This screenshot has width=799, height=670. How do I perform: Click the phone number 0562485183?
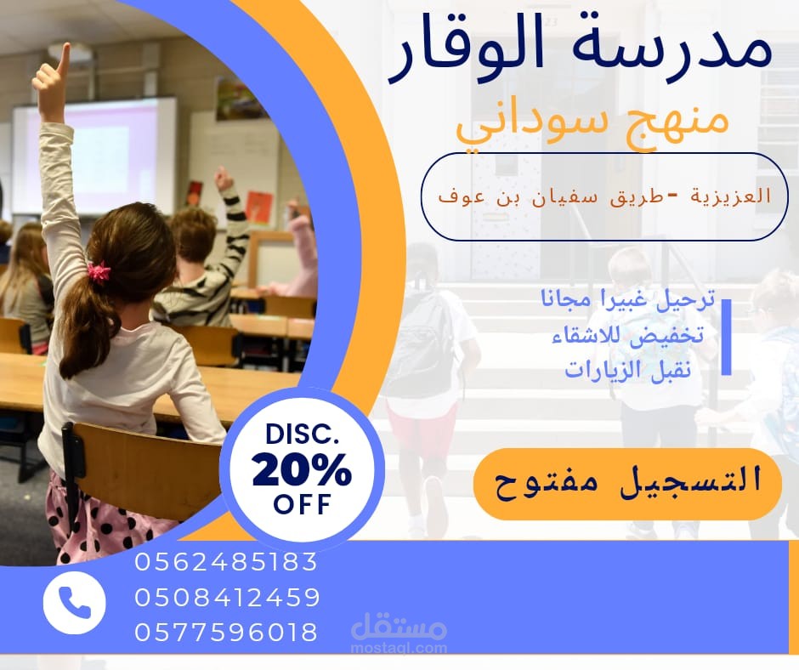tap(225, 563)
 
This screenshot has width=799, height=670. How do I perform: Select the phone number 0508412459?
tap(227, 598)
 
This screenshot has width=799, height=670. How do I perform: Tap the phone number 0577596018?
tap(226, 633)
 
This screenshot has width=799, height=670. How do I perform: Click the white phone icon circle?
tap(74, 603)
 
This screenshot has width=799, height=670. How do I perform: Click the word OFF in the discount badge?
tap(302, 505)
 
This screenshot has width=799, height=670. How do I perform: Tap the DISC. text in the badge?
tap(302, 435)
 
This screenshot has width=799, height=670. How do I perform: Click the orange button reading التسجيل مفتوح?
tap(627, 483)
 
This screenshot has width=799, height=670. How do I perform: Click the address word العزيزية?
tap(732, 196)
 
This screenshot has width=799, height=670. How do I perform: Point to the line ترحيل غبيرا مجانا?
tap(627, 300)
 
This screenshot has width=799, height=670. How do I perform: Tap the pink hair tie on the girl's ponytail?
tap(99, 272)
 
